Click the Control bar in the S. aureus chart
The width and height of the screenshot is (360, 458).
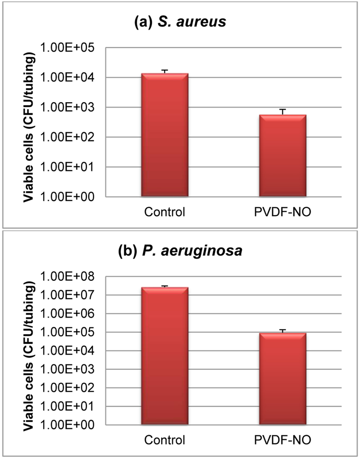click(164, 135)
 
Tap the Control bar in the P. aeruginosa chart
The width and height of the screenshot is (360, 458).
click(164, 356)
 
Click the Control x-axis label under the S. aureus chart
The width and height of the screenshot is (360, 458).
click(164, 211)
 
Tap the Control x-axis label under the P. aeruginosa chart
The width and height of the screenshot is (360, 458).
click(164, 440)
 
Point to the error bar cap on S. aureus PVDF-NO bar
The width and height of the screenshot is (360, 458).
click(283, 109)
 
